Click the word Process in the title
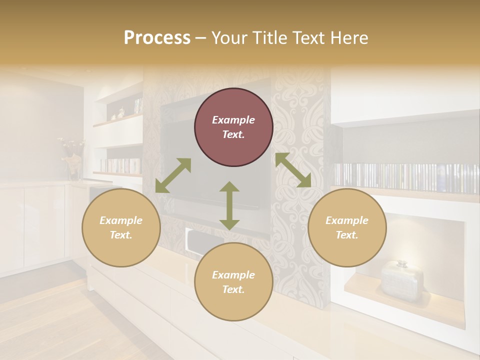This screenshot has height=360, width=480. [157, 38]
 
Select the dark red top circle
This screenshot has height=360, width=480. [233, 127]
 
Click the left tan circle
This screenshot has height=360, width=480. [121, 227]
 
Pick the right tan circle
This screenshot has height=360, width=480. [347, 227]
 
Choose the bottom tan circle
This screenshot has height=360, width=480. [233, 282]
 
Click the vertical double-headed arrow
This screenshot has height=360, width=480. [229, 205]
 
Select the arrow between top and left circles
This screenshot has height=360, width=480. [173, 175]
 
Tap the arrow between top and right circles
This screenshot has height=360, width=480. [293, 170]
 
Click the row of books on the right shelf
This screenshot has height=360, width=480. [405, 178]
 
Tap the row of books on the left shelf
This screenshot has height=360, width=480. [121, 165]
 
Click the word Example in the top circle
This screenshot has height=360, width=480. [233, 120]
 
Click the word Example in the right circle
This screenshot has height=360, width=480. [347, 220]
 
